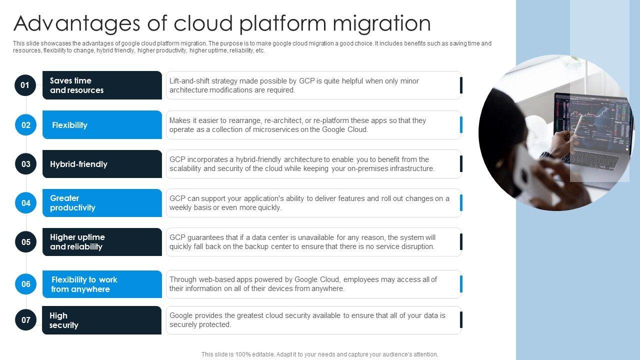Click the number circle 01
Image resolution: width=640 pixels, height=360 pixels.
click(x=25, y=85)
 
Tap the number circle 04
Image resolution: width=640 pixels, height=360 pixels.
click(x=25, y=203)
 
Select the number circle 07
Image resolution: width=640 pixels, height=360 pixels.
click(x=25, y=320)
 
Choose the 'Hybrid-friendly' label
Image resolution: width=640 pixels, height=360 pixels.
click(x=78, y=164)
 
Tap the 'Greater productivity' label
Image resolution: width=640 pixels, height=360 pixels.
click(x=72, y=203)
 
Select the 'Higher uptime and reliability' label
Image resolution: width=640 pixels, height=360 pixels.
click(x=77, y=242)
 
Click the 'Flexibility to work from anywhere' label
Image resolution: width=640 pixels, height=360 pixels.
click(x=84, y=284)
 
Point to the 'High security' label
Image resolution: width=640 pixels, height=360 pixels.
click(x=64, y=320)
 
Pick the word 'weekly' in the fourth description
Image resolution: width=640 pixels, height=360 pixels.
click(x=180, y=207)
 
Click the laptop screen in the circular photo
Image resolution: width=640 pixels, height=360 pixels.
click(x=590, y=120)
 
